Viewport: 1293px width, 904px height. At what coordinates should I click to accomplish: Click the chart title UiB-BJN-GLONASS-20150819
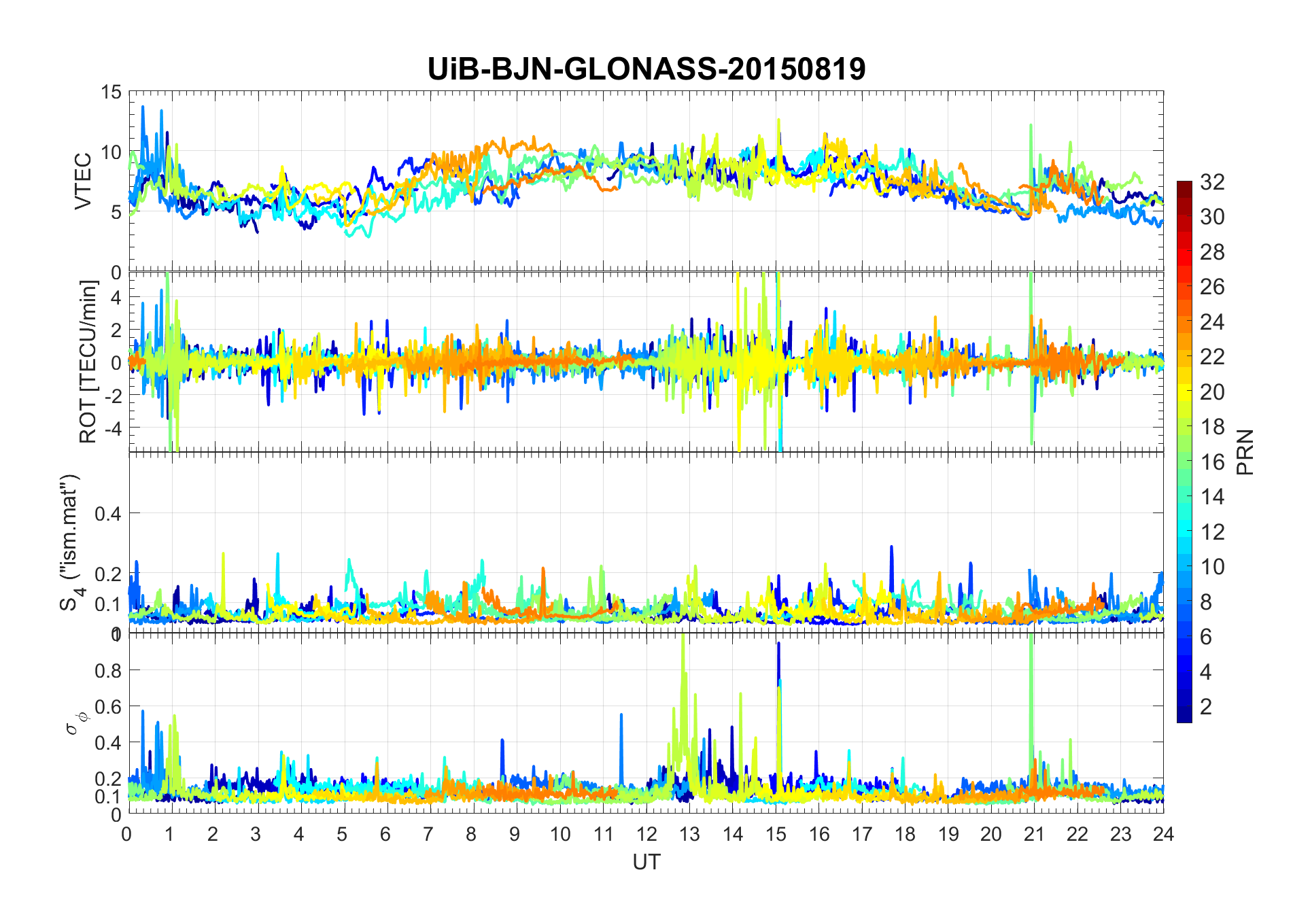coord(646,69)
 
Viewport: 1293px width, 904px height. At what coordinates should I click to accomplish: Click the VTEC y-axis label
coord(83,181)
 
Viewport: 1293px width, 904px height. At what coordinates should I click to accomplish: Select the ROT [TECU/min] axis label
coord(88,362)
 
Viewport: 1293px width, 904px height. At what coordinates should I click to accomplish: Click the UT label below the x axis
coord(646,862)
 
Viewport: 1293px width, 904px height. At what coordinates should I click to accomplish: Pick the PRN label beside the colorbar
coord(1245,452)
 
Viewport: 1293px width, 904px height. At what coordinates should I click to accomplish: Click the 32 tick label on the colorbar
coord(1212,182)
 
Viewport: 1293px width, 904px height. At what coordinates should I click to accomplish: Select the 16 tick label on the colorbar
coord(1212,462)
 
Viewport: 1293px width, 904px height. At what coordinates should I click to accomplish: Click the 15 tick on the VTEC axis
coord(111,92)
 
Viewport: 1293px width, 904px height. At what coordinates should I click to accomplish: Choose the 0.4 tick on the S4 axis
coord(107,514)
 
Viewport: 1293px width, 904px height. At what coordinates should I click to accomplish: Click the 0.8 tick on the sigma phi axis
coord(107,671)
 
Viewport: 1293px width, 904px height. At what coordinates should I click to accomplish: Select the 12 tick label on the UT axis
coord(646,834)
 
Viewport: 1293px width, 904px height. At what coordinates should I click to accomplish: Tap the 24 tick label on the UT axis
coord(1163,834)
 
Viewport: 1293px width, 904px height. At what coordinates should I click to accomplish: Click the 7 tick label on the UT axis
coord(428,834)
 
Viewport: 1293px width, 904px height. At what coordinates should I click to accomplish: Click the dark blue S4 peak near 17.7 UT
coord(891,548)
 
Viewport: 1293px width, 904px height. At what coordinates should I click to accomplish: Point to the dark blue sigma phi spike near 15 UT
coord(778,646)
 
